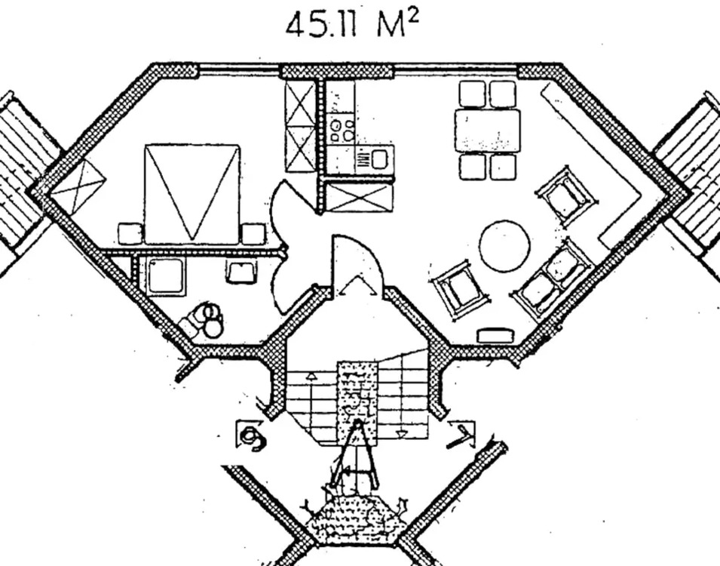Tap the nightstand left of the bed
tap(130, 234)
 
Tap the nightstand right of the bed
tap(253, 234)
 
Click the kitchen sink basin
tap(378, 158)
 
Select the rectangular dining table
tap(487, 130)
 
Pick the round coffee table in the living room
tap(504, 246)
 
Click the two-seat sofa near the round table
tap(553, 277)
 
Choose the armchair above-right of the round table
tap(567, 196)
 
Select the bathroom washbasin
tap(241, 270)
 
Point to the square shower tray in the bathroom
tap(166, 276)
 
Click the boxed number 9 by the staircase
tap(251, 436)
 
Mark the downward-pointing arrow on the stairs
tap(402, 433)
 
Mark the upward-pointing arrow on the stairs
tap(311, 374)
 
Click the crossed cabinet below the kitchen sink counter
tap(359, 197)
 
